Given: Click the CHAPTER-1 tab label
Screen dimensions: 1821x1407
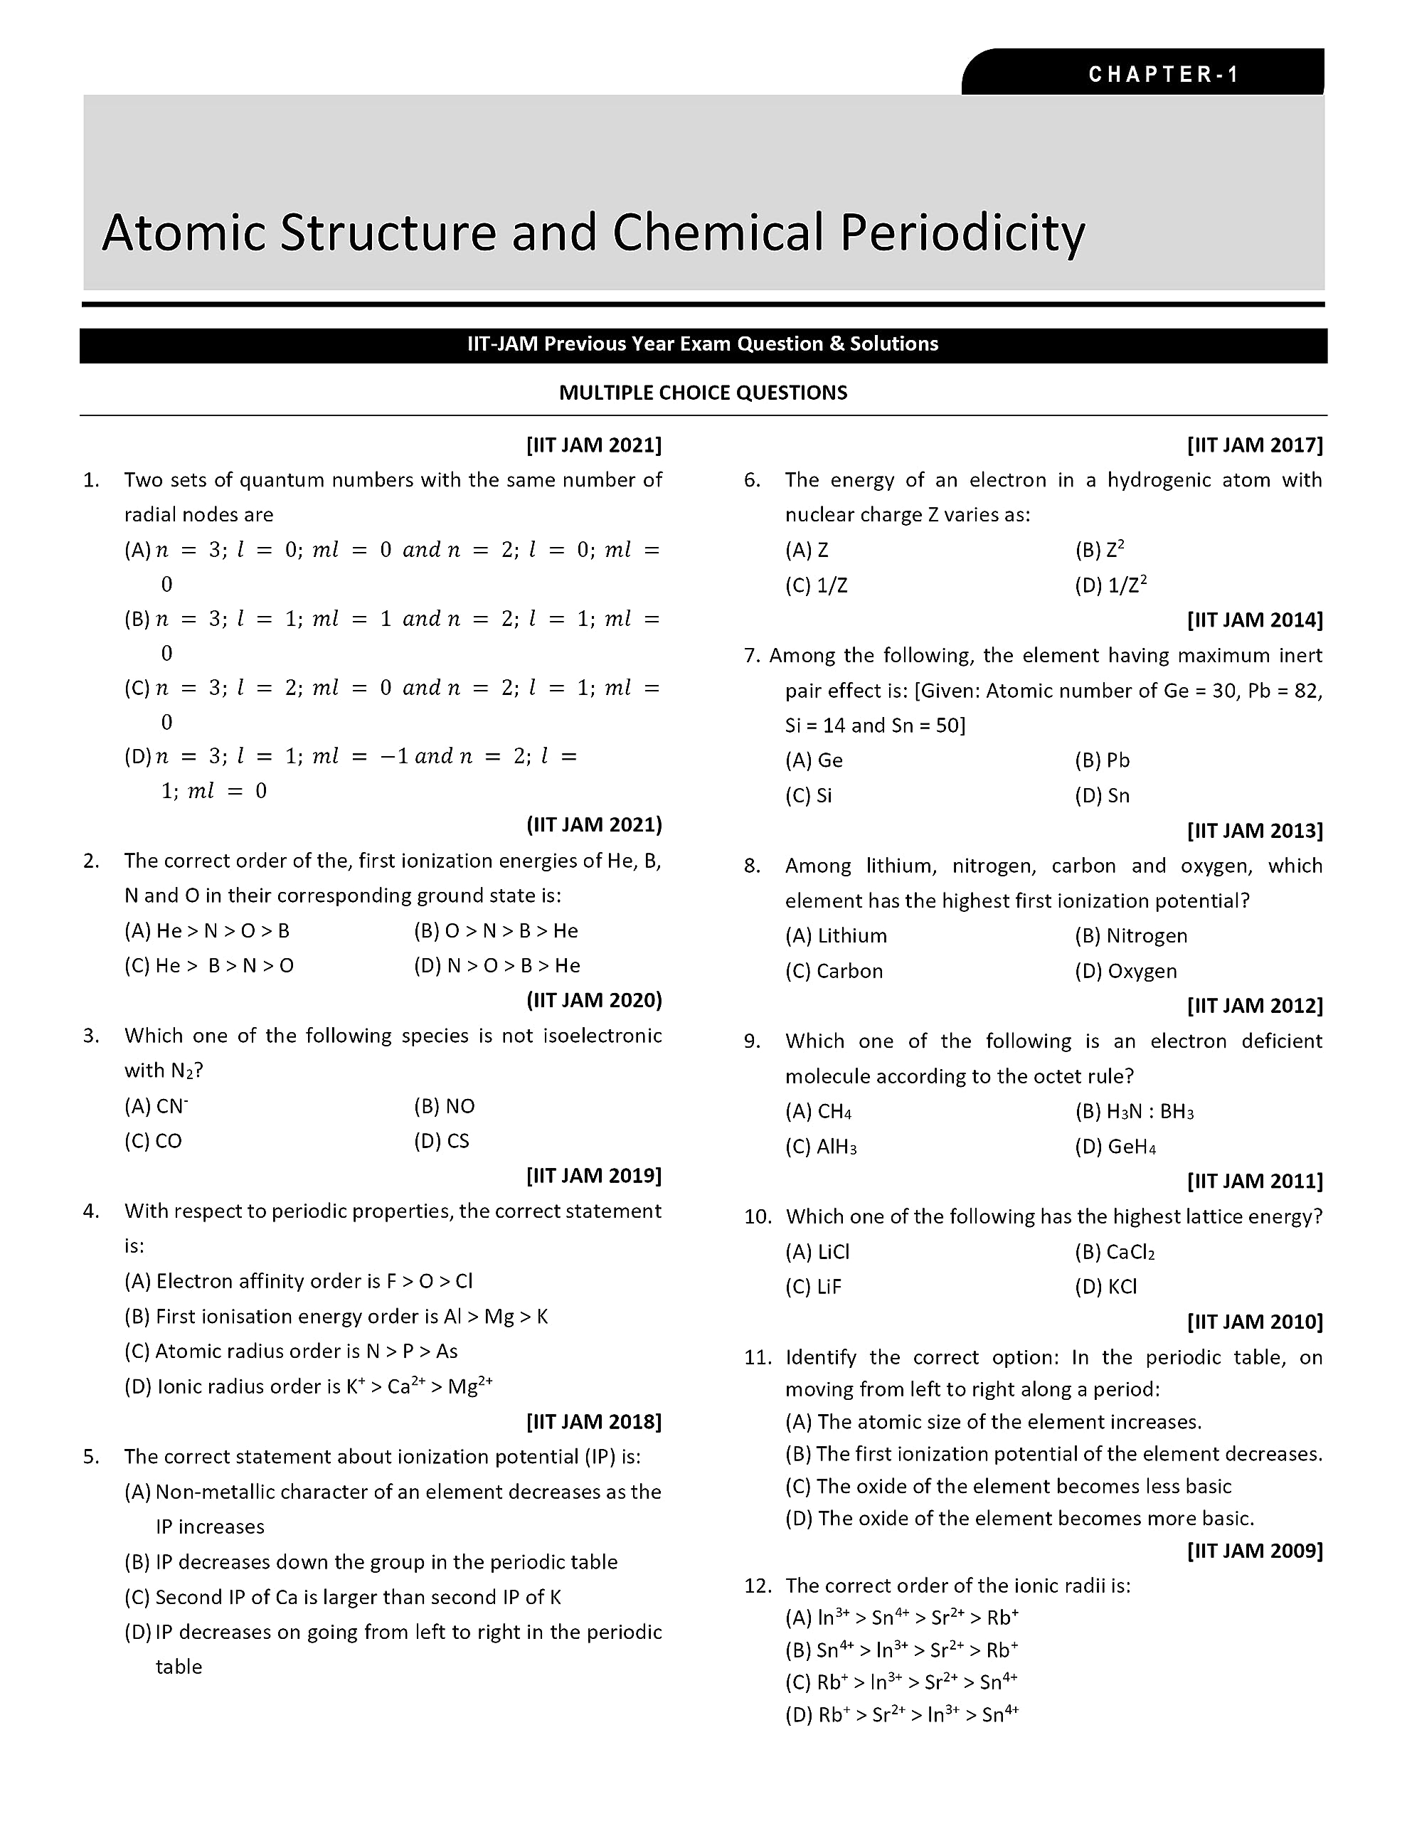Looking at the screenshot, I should [1164, 74].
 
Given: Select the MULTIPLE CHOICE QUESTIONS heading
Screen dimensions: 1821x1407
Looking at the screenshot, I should [702, 393].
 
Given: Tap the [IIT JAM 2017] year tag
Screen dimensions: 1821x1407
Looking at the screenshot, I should [1254, 445].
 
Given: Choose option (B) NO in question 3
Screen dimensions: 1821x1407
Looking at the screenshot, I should [444, 1106].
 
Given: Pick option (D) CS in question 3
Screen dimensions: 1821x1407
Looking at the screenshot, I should [441, 1142].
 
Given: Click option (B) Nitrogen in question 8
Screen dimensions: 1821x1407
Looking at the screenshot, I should [1130, 935].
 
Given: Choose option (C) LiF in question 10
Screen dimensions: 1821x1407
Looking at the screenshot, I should [813, 1287].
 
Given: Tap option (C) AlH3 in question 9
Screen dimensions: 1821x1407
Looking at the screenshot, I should [821, 1147].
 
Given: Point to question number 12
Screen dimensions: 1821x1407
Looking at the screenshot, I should [758, 1585].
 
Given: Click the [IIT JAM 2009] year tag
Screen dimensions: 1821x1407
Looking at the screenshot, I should [1254, 1550].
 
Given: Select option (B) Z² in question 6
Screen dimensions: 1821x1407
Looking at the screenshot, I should [1099, 551].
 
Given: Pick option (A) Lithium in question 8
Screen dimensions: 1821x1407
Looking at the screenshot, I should [836, 935].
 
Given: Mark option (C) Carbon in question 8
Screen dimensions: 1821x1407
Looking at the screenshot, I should [833, 972].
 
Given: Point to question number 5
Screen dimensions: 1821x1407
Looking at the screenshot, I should [91, 1457].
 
